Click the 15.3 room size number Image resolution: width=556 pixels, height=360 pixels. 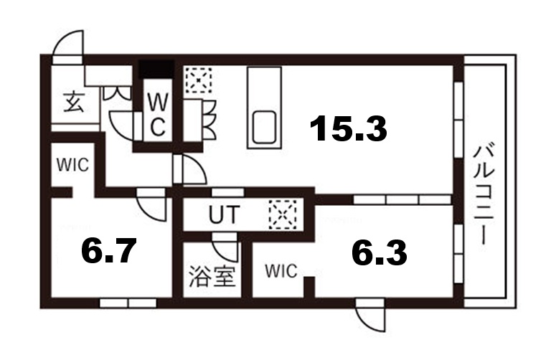tap(349, 129)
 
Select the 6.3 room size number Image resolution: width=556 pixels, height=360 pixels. tap(379, 252)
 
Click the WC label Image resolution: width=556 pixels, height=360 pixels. tap(158, 113)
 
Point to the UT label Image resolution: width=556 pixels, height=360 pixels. tap(222, 214)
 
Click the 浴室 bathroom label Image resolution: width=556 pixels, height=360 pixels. tap(212, 276)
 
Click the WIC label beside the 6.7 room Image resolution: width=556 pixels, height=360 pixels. tap(72, 165)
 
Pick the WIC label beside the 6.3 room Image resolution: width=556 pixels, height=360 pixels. tap(280, 271)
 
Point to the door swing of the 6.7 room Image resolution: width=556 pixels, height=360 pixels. tap(153, 207)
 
